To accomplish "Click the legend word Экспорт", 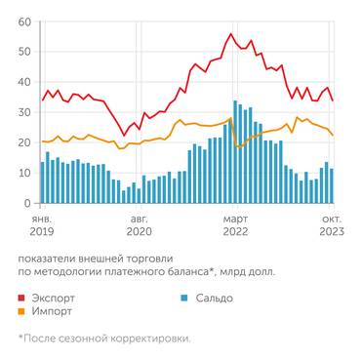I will pos(55,298).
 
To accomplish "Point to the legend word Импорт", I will pos(53,312).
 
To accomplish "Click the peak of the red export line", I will pos(230,34).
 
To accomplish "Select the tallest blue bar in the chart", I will pos(235,152).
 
